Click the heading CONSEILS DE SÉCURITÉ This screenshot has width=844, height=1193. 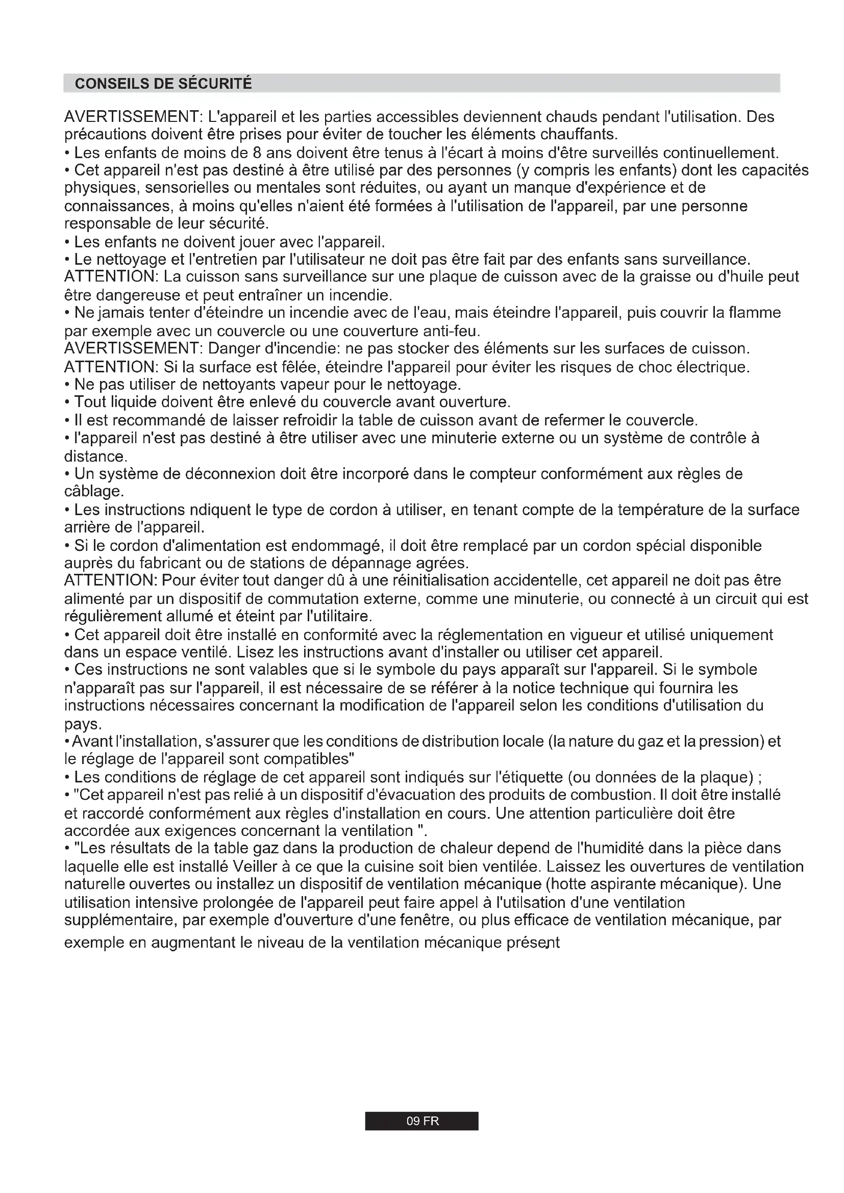point(163,84)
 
